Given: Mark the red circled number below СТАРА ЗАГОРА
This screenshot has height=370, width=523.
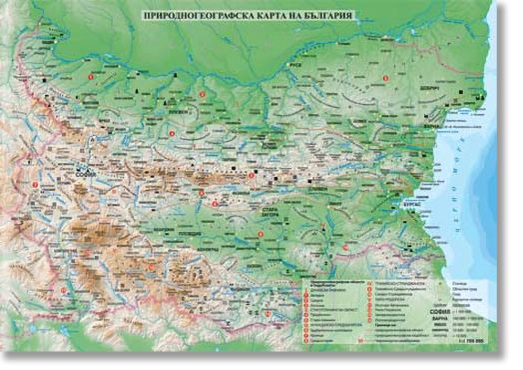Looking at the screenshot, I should pos(261,235).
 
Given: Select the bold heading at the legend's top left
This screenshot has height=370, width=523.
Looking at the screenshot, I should pos(329,285).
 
